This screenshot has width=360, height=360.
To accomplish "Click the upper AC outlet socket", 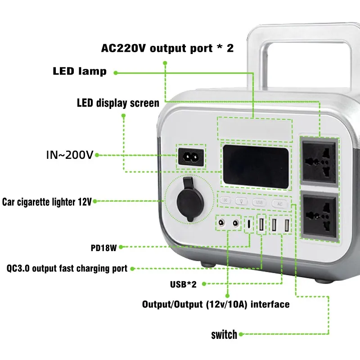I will click(320, 159).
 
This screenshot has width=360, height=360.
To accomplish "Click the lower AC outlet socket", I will click(320, 215).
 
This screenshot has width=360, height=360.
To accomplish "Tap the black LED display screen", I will click(255, 165).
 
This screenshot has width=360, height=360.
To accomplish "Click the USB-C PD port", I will click(249, 224).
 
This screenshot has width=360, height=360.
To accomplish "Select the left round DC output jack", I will click(221, 223).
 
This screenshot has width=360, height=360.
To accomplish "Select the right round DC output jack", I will click(235, 223).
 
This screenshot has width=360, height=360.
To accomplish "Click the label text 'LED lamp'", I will click(80, 72).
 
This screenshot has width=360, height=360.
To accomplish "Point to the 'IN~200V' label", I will click(70, 155).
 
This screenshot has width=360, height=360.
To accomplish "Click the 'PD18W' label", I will click(104, 247).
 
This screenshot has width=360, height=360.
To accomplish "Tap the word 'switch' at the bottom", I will click(224, 334).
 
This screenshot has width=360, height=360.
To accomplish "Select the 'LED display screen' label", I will click(118, 103).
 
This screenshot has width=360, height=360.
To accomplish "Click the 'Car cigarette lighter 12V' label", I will click(47, 202).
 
